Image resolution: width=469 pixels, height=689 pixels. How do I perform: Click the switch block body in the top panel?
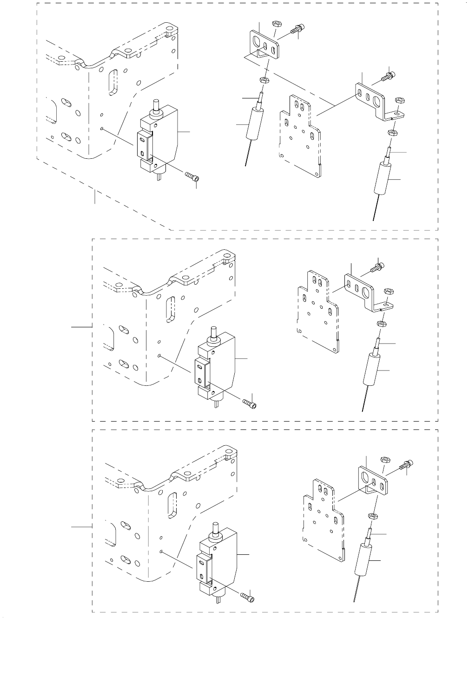[165, 135]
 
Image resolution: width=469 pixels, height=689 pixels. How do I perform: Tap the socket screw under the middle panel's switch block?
[249, 402]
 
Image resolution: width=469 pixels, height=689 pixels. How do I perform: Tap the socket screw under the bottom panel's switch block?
[248, 598]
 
